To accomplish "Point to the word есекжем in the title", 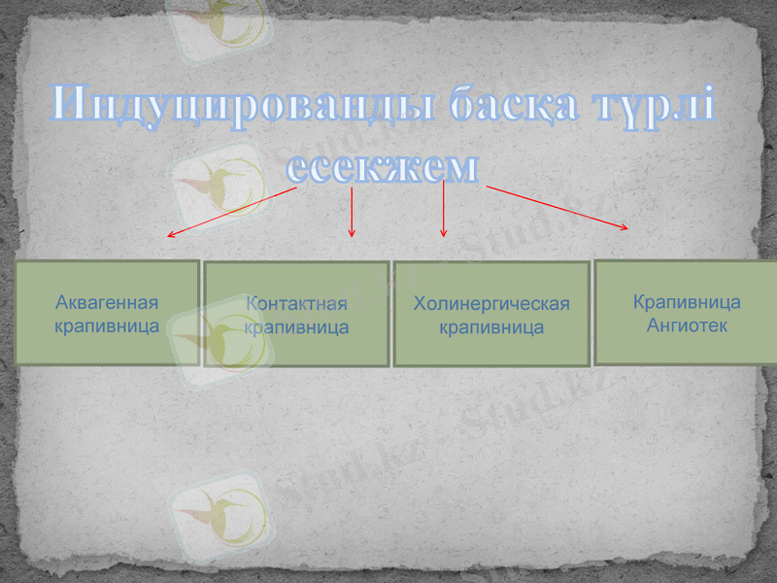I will (384, 166).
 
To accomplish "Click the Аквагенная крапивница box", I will (107, 313).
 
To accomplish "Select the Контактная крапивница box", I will (296, 314).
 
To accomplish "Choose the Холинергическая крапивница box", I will (491, 314).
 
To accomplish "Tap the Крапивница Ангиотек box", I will (687, 312).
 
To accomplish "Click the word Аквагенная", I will (107, 301).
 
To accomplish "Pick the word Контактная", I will (297, 305).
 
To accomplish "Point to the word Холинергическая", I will (491, 304).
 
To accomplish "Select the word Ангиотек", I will (687, 325).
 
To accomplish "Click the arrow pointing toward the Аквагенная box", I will (231, 212).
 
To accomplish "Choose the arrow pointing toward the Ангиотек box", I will (557, 207).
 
